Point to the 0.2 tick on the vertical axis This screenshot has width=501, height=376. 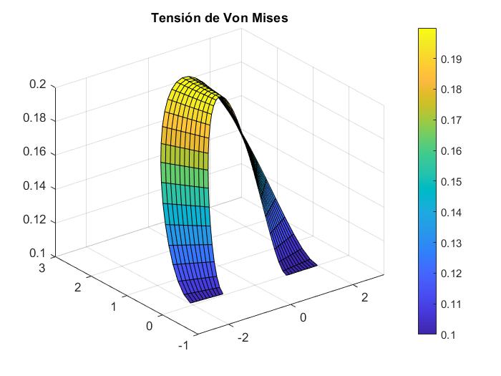click(37, 85)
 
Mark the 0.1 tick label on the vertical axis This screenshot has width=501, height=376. click(37, 254)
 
